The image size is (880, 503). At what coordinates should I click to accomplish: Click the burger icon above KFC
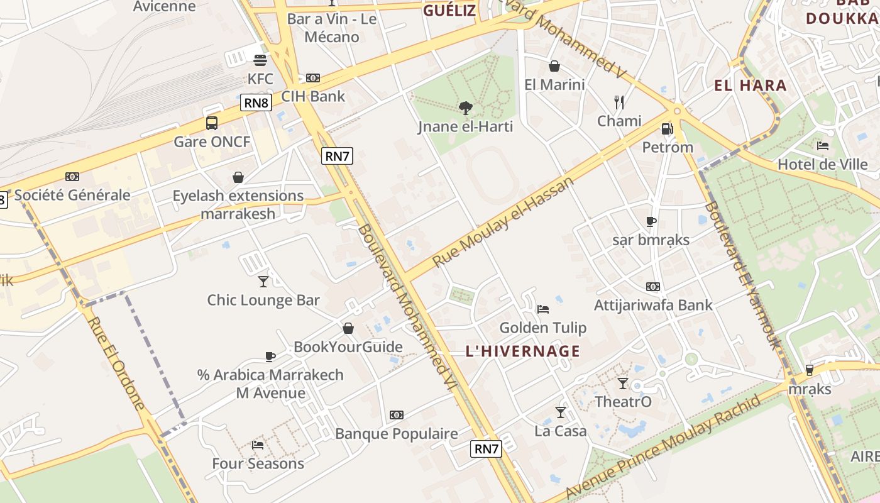coord(260,60)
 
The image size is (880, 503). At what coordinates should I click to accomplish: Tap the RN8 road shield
coord(256,102)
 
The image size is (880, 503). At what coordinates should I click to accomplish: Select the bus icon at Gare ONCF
coord(212,123)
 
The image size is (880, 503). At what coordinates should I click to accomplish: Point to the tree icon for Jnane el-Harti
coord(465,108)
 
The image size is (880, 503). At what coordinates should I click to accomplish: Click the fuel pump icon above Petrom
coord(667,129)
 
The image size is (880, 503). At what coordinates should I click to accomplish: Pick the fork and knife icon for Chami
coord(619,102)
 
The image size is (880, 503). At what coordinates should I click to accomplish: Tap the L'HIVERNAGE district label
coord(523,351)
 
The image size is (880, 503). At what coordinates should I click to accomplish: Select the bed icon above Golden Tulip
coord(543,309)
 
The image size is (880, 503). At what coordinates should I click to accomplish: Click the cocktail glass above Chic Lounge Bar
coord(263,281)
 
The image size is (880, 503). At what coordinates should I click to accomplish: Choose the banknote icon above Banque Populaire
coord(396,415)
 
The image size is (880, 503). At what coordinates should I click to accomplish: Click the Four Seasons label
coord(258,464)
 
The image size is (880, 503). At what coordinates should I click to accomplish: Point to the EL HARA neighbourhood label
coord(751,86)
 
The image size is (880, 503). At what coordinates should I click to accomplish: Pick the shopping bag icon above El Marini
coord(554,66)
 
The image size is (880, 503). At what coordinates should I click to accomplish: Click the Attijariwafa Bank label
coord(653,305)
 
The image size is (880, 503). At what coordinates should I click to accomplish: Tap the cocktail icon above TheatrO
coord(623,384)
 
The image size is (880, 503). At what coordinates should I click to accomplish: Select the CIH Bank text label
coord(313,96)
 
